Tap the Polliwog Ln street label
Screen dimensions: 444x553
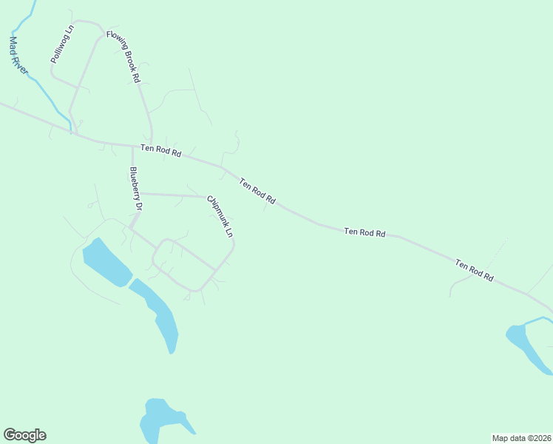pyautogui.click(x=61, y=44)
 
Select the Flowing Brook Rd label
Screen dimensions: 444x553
pyautogui.click(x=123, y=56)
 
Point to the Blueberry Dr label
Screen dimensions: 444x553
pyautogui.click(x=135, y=189)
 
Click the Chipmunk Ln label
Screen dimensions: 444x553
pyautogui.click(x=220, y=215)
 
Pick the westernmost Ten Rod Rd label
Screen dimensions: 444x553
pyautogui.click(x=161, y=151)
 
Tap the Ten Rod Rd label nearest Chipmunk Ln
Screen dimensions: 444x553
pyautogui.click(x=257, y=190)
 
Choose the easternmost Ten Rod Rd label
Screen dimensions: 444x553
pyautogui.click(x=474, y=269)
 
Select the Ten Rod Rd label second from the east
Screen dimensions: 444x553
pyautogui.click(x=365, y=232)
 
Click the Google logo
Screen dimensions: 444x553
pyautogui.click(x=24, y=435)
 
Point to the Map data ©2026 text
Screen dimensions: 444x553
pyautogui.click(x=521, y=438)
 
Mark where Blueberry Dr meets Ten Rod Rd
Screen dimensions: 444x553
pyautogui.click(x=133, y=146)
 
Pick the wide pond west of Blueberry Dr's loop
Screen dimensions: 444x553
pyautogui.click(x=105, y=261)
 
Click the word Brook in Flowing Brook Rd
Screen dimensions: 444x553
pyautogui.click(x=126, y=56)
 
